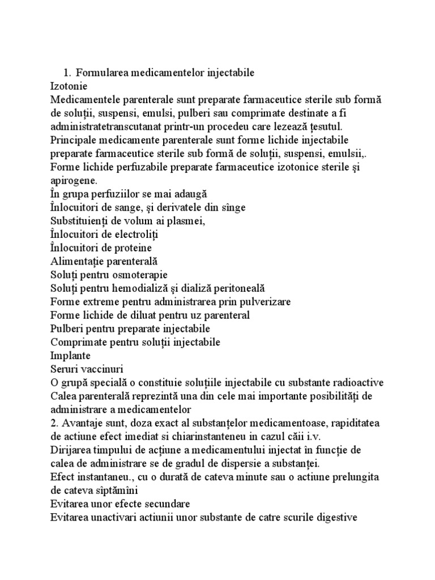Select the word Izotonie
pos(69,86)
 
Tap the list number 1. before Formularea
pos(67,72)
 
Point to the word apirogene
pos(74,180)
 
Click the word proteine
pos(131,248)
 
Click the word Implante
pos(70,355)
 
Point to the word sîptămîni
pos(101,490)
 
